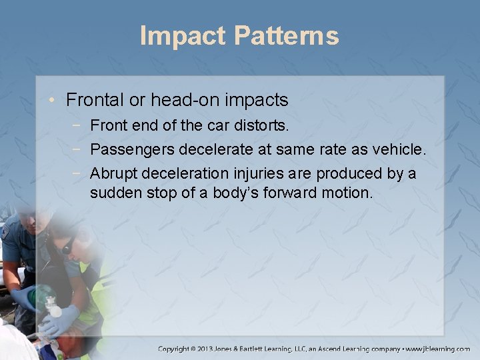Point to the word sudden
(x=115, y=194)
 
